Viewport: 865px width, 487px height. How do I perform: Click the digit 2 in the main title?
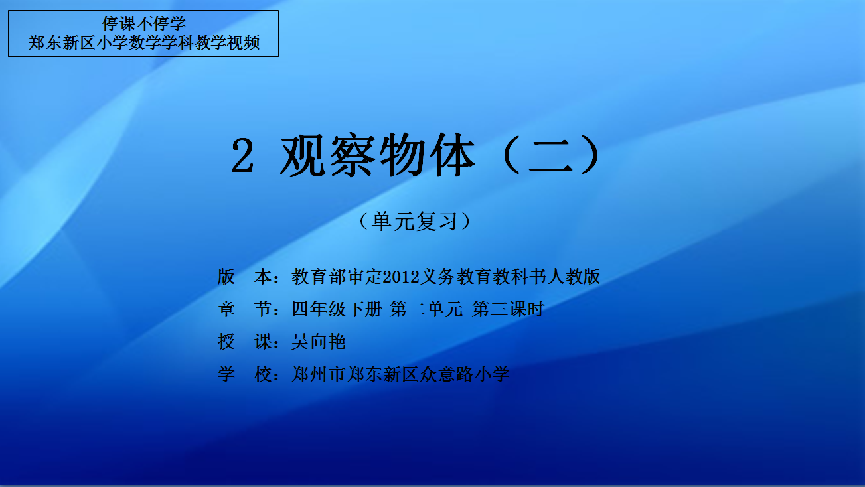pos(242,155)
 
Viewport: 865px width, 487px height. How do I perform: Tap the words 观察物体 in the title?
pos(377,155)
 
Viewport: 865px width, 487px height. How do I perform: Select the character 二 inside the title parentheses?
pos(550,155)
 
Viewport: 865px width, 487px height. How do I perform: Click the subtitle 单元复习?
pos(415,222)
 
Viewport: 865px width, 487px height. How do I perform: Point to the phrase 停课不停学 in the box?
pos(143,23)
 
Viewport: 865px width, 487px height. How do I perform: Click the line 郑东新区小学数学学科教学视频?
pos(143,43)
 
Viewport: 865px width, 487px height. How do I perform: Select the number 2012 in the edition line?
pos(401,277)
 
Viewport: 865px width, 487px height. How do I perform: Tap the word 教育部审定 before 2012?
pos(337,277)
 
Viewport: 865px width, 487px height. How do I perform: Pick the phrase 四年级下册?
pos(337,309)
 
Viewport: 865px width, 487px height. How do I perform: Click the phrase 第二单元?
pos(426,309)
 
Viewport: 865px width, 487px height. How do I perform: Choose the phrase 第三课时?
pos(509,309)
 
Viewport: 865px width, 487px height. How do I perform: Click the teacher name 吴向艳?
pos(318,342)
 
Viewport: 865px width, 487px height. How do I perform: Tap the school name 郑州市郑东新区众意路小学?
pos(400,374)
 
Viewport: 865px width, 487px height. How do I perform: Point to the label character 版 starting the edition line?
pos(226,277)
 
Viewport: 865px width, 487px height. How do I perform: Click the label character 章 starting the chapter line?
pos(226,309)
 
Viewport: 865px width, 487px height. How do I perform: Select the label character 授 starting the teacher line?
pos(226,342)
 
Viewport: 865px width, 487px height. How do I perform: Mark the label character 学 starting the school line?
pos(226,374)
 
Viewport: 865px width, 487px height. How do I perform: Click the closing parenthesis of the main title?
pos(590,155)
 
